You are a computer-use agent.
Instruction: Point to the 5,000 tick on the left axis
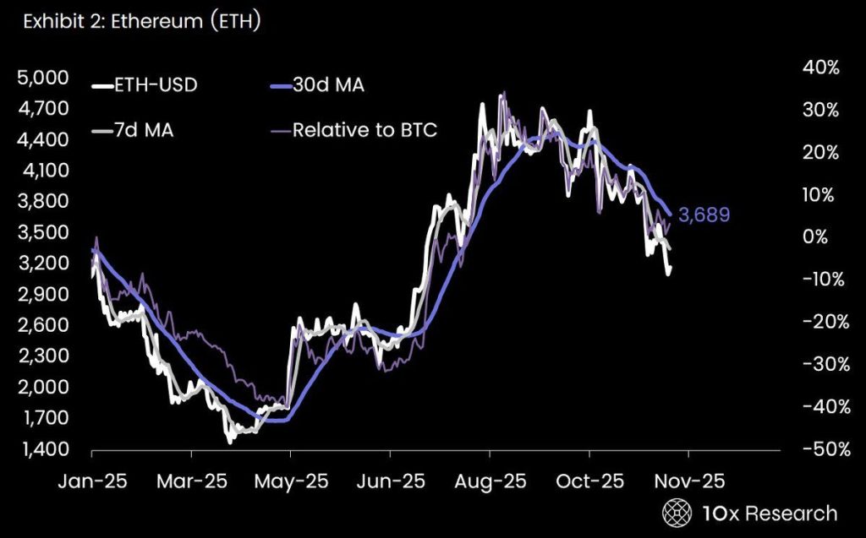[x=41, y=78]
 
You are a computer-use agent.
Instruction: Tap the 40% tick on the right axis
[x=821, y=68]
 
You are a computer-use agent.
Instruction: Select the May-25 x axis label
[x=290, y=481]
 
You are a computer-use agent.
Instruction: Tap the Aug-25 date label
[x=490, y=481]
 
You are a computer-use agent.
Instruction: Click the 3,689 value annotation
[x=704, y=215]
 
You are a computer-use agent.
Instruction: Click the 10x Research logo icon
[x=676, y=513]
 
